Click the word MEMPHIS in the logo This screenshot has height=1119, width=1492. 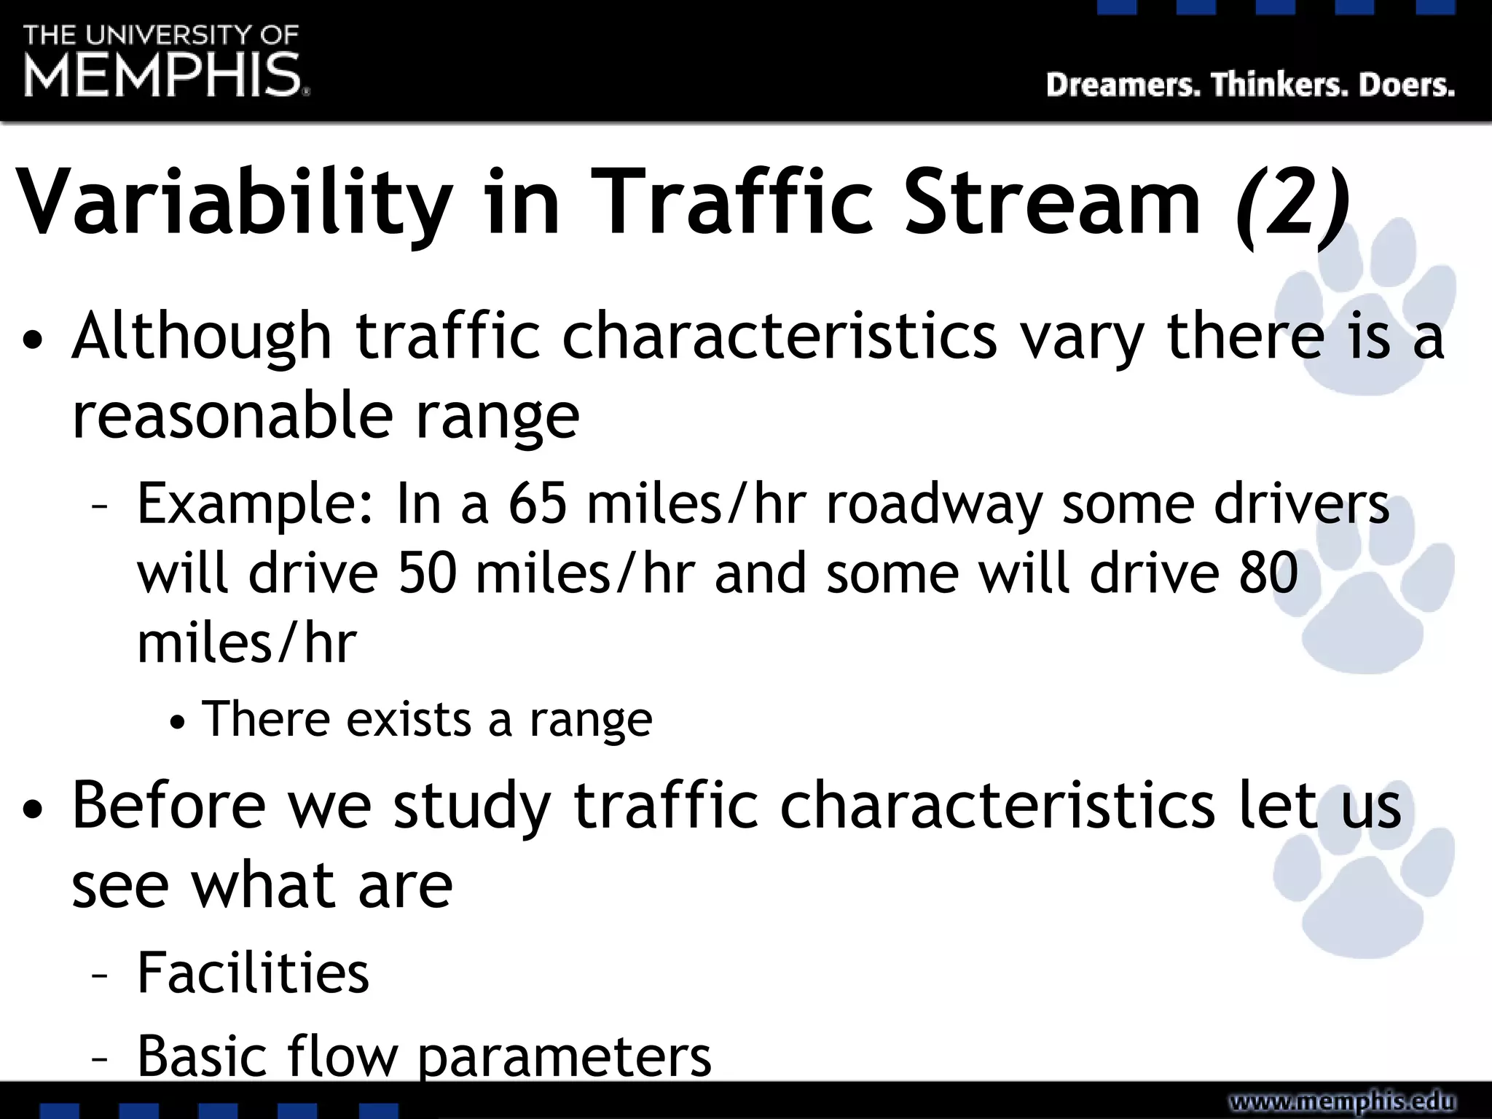click(163, 75)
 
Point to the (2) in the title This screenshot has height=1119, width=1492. click(1292, 204)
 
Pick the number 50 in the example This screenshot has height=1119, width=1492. click(428, 573)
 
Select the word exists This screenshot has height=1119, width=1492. click(409, 720)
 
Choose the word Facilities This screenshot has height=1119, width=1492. click(253, 973)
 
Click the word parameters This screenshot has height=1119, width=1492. click(565, 1058)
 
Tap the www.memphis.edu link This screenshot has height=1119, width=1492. click(1342, 1102)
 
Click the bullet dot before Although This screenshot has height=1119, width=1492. click(34, 341)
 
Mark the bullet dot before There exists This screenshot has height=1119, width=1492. click(178, 723)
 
